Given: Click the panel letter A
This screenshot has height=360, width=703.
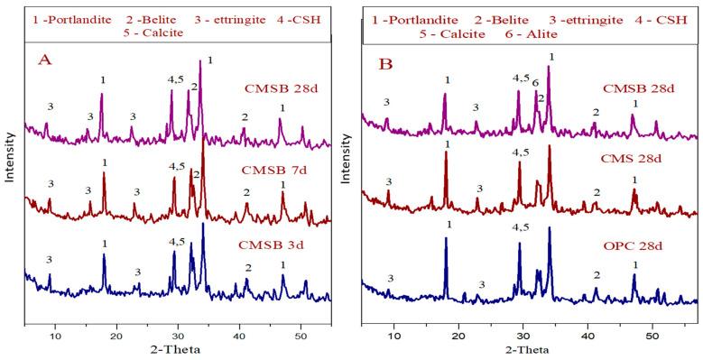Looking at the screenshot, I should coord(43,60).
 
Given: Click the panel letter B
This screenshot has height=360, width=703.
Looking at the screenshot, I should coord(384,63).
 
